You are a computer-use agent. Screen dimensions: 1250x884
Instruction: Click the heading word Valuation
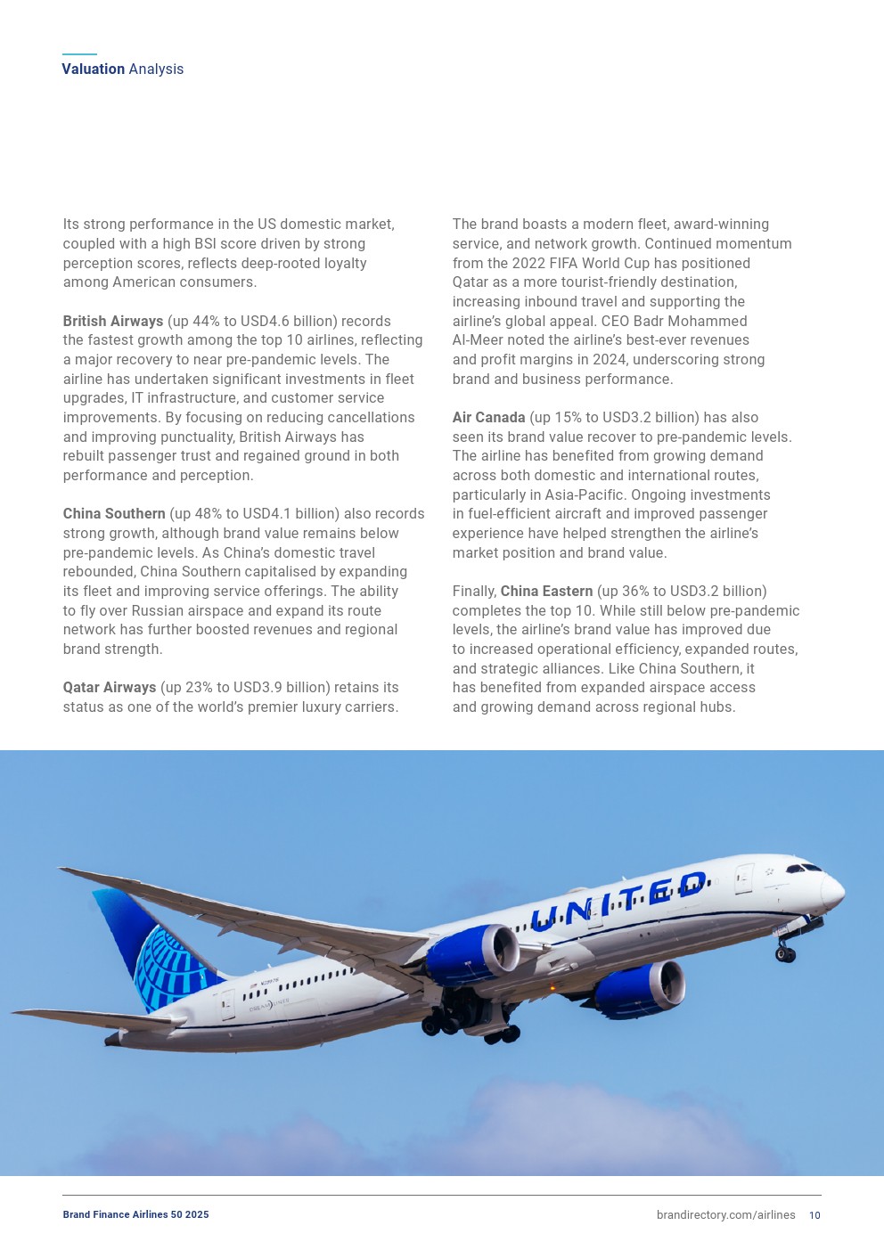point(94,69)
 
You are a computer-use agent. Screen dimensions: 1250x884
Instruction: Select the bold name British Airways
point(113,321)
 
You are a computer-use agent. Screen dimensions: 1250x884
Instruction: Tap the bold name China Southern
point(114,514)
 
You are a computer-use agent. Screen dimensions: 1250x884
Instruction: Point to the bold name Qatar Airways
point(110,688)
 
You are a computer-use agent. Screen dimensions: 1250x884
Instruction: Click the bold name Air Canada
point(488,418)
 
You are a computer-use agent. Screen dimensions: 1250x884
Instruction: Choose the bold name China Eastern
point(546,592)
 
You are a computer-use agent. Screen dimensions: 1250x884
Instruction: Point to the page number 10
point(814,1215)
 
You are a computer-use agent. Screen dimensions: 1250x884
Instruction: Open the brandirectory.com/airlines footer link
point(725,1215)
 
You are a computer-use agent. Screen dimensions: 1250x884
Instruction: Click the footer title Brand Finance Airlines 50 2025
point(135,1215)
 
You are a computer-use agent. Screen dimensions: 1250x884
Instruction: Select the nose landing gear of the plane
point(785,952)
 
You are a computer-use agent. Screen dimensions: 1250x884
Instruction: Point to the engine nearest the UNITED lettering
point(472,953)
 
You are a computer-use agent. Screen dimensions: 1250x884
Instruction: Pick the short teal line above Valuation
point(79,54)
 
